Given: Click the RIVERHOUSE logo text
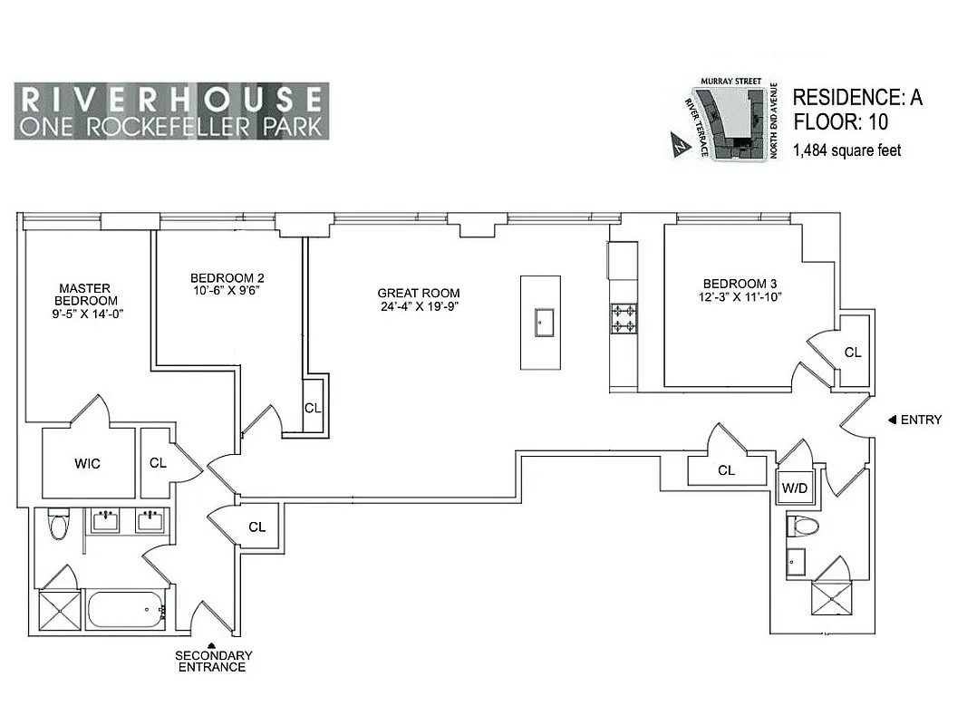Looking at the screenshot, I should [x=171, y=98].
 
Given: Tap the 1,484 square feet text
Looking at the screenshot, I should [x=846, y=150].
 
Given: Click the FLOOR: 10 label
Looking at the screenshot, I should [x=840, y=122].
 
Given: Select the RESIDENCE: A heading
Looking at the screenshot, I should [x=856, y=98].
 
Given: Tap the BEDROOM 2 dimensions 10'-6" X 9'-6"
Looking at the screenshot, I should [x=227, y=291].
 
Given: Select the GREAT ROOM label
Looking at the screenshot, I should [x=418, y=293].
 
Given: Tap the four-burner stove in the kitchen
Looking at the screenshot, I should [x=623, y=317].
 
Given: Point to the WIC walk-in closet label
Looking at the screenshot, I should [x=87, y=464].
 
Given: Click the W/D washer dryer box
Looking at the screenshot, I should [x=796, y=488].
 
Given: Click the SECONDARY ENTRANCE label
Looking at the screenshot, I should [x=214, y=661].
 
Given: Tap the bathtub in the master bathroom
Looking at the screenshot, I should [x=125, y=609].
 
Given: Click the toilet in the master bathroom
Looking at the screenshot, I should [x=59, y=525].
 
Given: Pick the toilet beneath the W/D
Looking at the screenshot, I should [x=803, y=526].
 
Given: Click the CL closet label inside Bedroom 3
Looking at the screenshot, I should [x=852, y=353].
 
